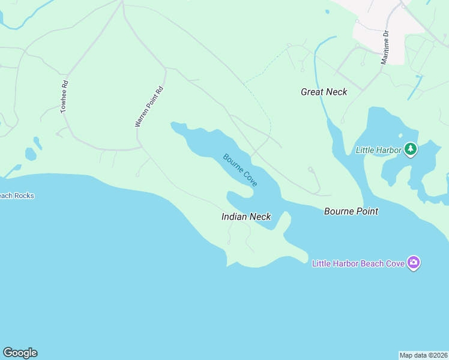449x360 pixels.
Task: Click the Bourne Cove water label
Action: (x=240, y=170)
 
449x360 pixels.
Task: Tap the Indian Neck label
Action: (x=246, y=217)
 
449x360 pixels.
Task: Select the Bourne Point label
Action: (x=351, y=211)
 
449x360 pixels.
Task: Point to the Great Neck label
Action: (x=324, y=92)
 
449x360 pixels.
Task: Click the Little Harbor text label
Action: (x=378, y=149)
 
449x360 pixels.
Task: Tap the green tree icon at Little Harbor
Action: (x=411, y=149)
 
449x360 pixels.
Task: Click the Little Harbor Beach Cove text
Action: (x=358, y=263)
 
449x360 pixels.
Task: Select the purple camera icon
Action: (x=413, y=263)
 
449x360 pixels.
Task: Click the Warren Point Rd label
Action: (x=149, y=107)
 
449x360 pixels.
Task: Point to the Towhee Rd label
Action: (x=65, y=97)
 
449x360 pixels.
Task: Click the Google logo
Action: (x=20, y=353)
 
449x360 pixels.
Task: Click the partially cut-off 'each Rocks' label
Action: (x=17, y=196)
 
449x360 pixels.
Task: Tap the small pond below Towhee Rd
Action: (x=31, y=154)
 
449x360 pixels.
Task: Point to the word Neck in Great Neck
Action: (x=337, y=92)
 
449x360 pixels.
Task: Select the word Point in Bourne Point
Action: (x=366, y=211)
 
